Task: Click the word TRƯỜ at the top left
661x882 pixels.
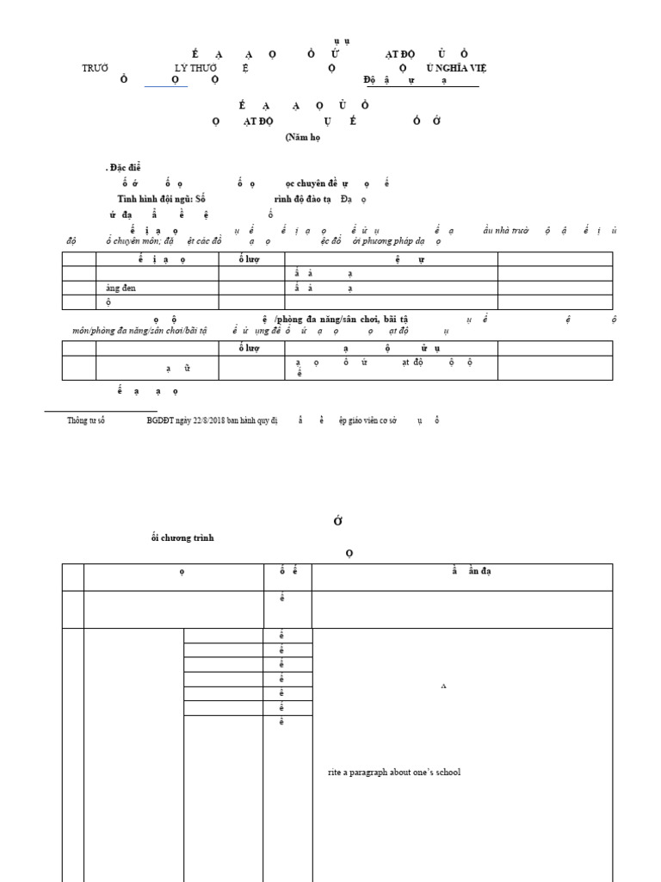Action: (95, 67)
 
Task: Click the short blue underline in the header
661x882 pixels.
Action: (165, 86)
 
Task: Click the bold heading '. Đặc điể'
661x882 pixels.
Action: (122, 167)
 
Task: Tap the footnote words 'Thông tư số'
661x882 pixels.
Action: (86, 420)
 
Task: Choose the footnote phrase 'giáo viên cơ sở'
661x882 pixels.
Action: (368, 420)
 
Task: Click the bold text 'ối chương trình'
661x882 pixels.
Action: (182, 537)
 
